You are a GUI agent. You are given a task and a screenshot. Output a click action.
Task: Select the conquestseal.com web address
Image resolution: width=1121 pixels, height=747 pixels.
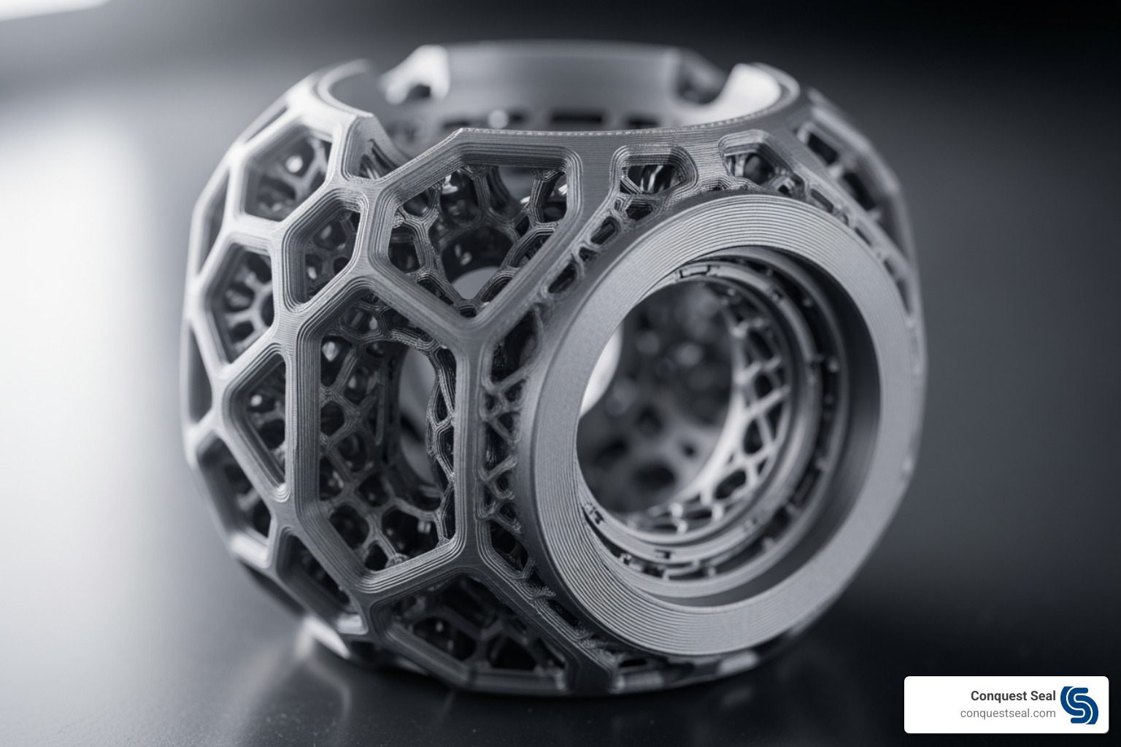pyautogui.click(x=1007, y=713)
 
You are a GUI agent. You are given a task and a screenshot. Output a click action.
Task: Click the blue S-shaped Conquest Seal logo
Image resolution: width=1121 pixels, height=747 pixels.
pyautogui.click(x=1079, y=705)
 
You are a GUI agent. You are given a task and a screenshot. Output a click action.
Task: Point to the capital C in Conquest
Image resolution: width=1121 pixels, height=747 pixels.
pyautogui.click(x=975, y=696)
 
